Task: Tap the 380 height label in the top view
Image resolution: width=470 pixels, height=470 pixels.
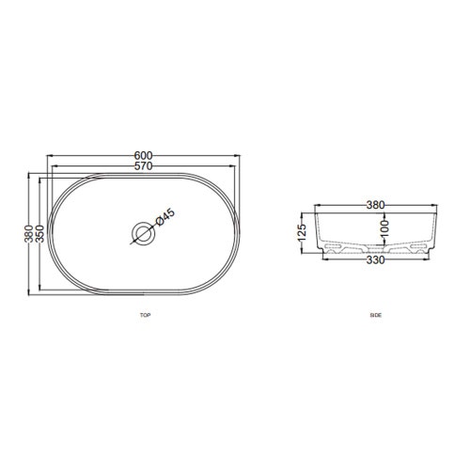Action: click(29, 231)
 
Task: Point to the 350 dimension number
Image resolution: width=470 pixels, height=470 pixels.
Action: click(39, 231)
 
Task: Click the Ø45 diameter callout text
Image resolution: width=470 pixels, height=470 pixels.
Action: click(162, 217)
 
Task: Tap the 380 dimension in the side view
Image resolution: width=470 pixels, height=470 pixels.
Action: click(375, 204)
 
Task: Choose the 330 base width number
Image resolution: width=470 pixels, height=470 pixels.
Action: click(375, 260)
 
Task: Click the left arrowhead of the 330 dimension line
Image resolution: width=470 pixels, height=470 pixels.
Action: click(324, 256)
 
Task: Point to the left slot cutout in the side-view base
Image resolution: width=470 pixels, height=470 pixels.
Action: click(334, 251)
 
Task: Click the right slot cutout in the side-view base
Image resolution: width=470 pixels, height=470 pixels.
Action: click(416, 251)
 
